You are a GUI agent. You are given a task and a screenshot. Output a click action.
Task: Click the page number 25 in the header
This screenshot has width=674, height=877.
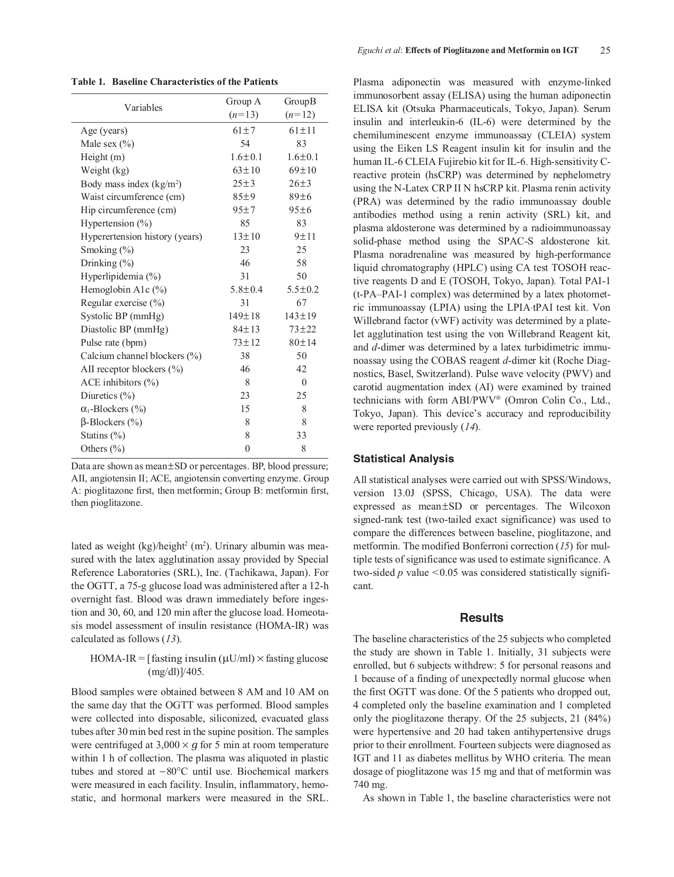(x=605, y=51)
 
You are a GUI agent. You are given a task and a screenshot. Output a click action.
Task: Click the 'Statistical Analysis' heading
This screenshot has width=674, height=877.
(x=404, y=459)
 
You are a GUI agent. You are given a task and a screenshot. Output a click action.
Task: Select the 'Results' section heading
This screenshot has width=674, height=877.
(x=482, y=618)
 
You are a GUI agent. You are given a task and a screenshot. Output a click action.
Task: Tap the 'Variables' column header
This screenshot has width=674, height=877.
(x=143, y=108)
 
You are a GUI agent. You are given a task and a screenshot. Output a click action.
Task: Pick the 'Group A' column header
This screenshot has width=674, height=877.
(x=243, y=101)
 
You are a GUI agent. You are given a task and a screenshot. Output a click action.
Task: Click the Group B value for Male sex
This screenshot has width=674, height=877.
(x=301, y=144)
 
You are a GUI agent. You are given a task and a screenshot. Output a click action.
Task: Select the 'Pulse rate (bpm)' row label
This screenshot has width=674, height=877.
(x=113, y=343)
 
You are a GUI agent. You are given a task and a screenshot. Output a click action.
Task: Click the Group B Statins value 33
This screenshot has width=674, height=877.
(x=301, y=435)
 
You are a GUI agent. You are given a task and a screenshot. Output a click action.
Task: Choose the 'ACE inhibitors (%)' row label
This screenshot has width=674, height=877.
(x=119, y=382)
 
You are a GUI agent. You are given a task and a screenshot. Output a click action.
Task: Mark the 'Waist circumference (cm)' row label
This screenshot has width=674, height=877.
(x=133, y=197)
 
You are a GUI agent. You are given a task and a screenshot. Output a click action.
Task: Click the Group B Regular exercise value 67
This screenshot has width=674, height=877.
(x=301, y=303)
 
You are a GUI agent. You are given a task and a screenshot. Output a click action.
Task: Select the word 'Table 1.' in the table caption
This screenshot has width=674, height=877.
(x=89, y=82)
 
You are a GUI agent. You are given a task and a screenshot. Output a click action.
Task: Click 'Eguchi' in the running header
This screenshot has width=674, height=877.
(x=369, y=51)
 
